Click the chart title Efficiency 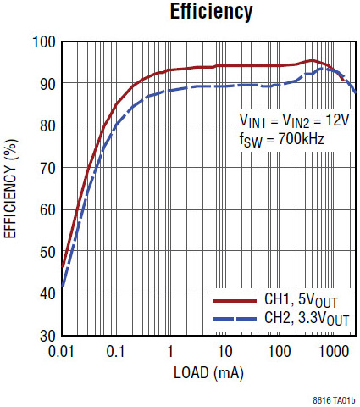211,12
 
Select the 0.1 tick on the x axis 115,349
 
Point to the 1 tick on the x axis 170,349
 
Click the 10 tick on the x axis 224,349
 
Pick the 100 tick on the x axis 279,349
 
